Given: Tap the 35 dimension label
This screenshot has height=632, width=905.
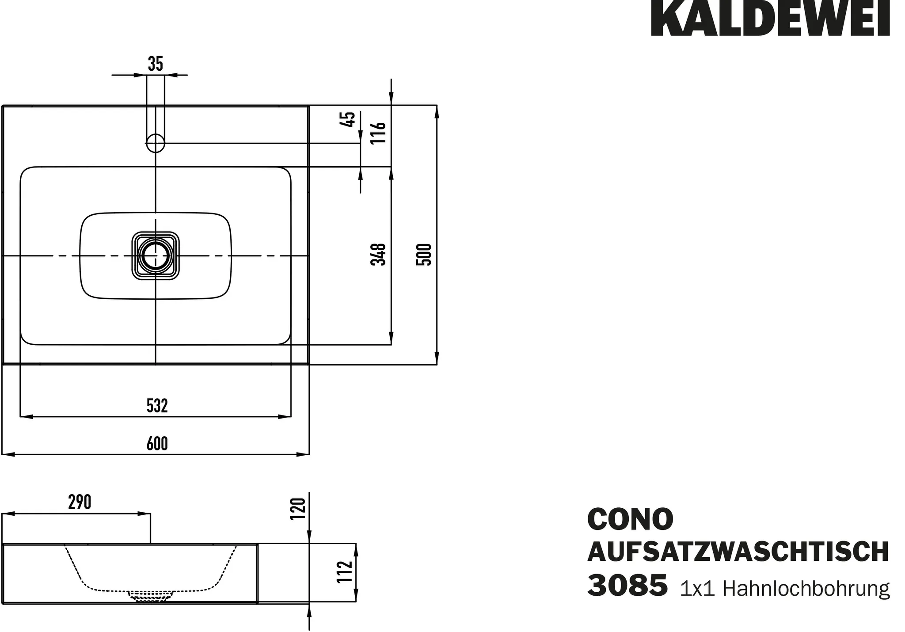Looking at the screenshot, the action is [x=156, y=64].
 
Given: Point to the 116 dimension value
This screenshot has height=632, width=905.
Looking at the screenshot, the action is [x=379, y=133].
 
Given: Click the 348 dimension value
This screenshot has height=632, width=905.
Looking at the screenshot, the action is [x=379, y=254].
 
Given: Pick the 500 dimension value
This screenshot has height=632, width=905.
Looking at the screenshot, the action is [x=424, y=254].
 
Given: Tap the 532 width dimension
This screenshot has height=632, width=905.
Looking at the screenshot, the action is [x=157, y=406].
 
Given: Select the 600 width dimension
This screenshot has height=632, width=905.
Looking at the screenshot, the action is [x=157, y=444].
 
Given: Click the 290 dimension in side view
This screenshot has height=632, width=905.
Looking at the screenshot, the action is [x=80, y=502].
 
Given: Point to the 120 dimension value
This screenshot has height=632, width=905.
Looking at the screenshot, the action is [x=298, y=509].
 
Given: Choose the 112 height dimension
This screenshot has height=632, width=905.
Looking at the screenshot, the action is [x=345, y=571].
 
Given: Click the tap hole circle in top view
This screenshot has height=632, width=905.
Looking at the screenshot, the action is [x=156, y=143].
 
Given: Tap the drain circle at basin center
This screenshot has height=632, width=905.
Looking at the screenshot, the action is [x=155, y=255].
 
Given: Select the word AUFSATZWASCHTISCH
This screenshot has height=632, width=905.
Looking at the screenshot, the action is [x=738, y=552].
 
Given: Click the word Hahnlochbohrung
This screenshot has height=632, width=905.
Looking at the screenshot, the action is [x=806, y=589].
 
